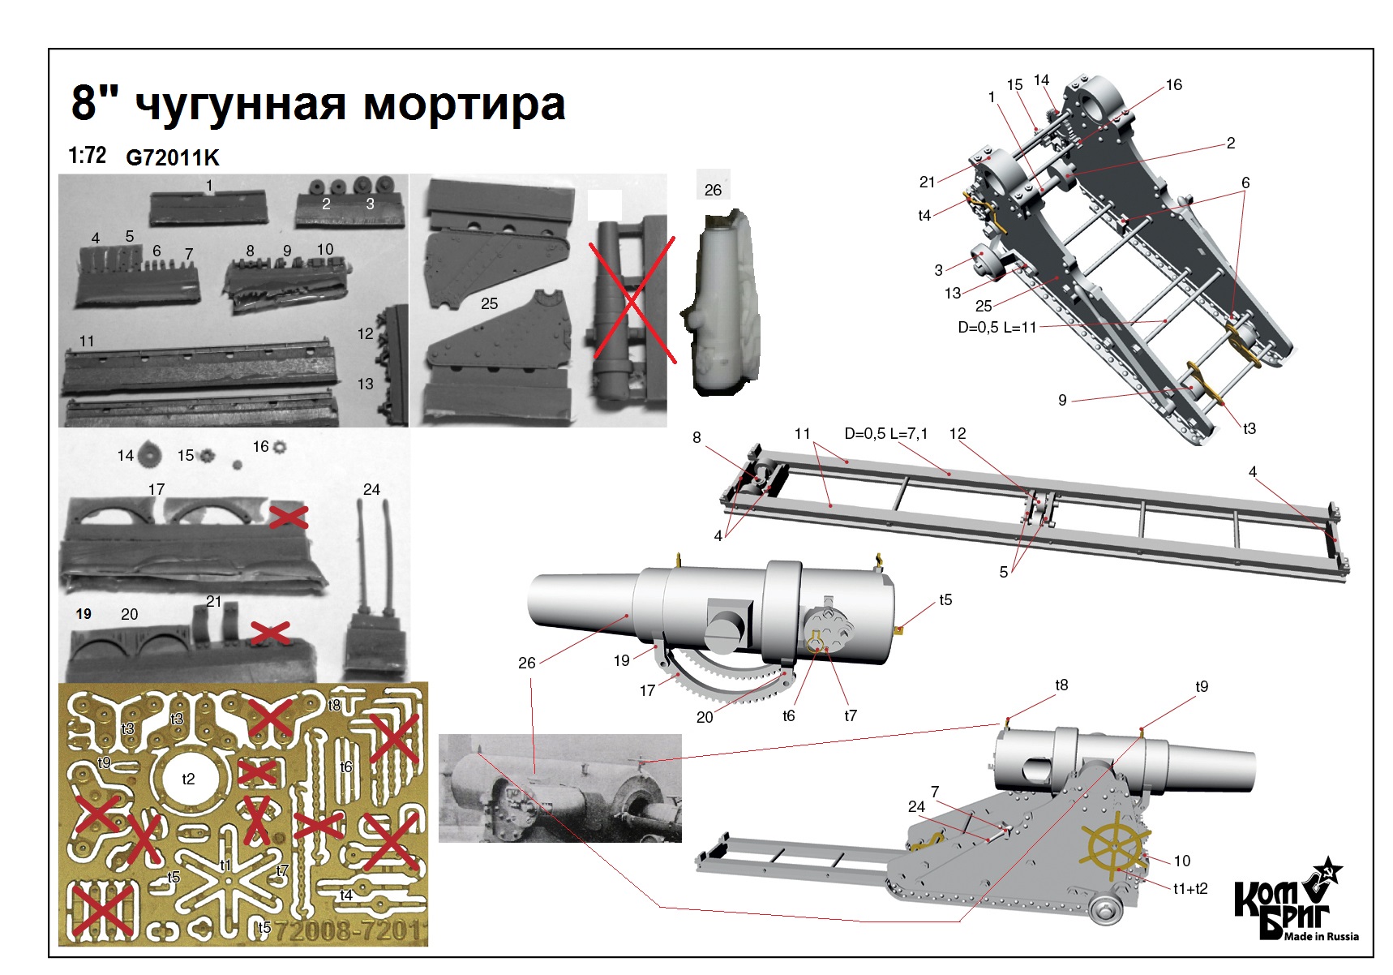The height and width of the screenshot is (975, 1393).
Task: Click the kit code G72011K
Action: tap(172, 157)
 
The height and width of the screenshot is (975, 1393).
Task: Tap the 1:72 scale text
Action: tap(87, 155)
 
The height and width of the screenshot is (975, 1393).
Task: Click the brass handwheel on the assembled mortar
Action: tap(1117, 845)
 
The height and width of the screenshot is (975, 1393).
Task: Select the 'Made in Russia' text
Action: tap(1321, 936)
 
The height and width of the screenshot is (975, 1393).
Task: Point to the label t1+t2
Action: tap(1189, 889)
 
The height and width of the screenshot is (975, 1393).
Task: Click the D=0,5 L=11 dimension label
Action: tap(997, 328)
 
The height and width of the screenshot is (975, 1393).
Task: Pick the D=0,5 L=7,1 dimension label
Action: tap(885, 434)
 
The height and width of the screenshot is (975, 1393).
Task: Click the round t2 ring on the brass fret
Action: tap(188, 779)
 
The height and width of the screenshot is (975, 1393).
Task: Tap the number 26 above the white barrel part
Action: tap(713, 190)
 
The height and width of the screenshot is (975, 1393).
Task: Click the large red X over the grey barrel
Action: tap(632, 299)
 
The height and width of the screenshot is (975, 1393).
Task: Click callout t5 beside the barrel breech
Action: tap(945, 600)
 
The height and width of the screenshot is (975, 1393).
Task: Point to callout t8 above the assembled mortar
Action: tap(1061, 685)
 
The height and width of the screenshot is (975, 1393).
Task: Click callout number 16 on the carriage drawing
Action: tap(1173, 84)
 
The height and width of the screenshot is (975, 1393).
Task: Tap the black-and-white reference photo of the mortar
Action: tap(559, 788)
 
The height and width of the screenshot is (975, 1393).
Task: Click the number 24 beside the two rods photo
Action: tap(371, 489)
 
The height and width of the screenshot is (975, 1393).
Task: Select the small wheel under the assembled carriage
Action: tap(1105, 909)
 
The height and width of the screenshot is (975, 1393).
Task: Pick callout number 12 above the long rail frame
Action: tap(958, 434)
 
